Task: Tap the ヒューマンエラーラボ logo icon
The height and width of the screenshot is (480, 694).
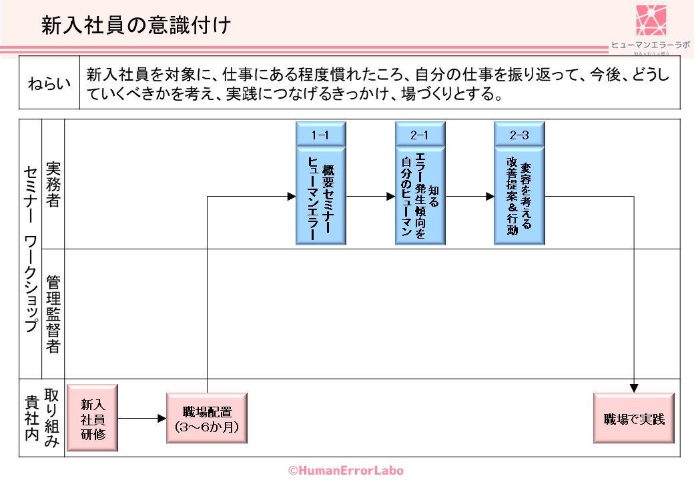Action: coord(651,21)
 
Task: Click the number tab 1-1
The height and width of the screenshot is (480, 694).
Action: coord(320,135)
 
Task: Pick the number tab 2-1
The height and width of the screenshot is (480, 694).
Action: coord(419,135)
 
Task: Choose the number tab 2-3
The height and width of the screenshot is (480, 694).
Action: coord(518,135)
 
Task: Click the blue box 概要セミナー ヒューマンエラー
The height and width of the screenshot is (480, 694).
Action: coord(320,196)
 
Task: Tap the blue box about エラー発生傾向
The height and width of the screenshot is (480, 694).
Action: coord(419,196)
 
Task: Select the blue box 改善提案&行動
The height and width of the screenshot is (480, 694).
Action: coord(518,196)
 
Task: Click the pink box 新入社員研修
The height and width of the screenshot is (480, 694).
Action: coord(92,418)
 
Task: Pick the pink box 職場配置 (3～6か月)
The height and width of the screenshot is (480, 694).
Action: coord(207,418)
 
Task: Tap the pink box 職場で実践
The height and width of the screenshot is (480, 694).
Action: coord(634,418)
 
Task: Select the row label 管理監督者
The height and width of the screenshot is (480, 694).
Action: coord(53,313)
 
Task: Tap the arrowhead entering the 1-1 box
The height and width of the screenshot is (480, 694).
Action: coord(292,197)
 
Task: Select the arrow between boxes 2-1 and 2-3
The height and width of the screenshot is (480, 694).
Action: coord(470,197)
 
